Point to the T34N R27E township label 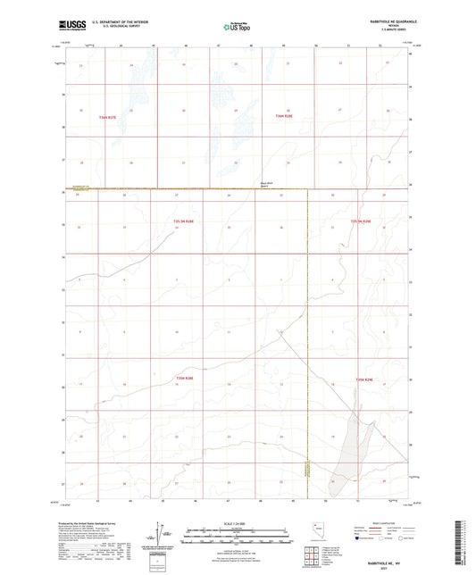pos(108,116)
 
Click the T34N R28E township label pos(283,116)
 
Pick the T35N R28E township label pos(184,379)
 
